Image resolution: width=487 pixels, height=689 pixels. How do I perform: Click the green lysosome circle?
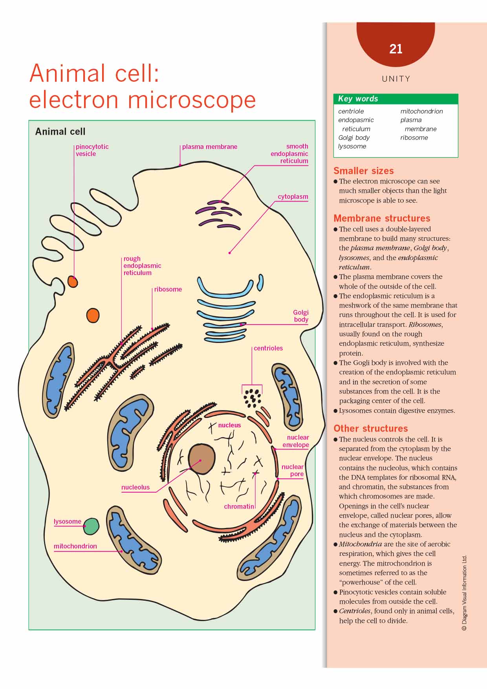point(91,526)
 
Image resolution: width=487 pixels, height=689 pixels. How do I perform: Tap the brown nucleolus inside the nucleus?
point(202,459)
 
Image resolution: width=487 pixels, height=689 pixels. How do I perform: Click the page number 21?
point(395,49)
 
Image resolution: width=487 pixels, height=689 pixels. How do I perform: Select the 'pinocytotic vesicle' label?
point(92,150)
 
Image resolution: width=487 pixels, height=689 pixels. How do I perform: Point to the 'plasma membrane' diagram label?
point(209,147)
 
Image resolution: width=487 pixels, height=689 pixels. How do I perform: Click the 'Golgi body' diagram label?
point(301,316)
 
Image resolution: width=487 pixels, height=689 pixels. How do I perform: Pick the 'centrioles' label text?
point(268,348)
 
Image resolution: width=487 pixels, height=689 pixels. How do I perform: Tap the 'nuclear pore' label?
point(293,470)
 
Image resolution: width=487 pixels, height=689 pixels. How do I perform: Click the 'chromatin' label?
point(239,507)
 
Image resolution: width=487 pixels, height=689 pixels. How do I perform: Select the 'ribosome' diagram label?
point(168,290)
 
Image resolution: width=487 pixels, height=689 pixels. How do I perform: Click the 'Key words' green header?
point(395,99)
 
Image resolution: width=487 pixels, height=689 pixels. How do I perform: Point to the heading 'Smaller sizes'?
point(363,171)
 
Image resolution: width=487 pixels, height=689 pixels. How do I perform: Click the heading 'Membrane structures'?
point(382,218)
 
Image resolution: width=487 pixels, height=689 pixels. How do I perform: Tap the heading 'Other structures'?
point(370,429)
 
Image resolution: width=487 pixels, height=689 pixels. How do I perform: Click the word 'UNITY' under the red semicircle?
point(395,79)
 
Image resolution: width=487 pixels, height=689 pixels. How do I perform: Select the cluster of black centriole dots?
point(252,398)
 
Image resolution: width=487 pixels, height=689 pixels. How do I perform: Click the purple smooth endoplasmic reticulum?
point(218,214)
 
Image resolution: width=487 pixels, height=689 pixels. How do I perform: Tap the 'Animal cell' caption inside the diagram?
point(60,132)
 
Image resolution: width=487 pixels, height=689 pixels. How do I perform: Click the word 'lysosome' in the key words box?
point(352,147)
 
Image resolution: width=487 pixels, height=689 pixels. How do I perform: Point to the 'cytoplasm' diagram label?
point(293,197)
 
